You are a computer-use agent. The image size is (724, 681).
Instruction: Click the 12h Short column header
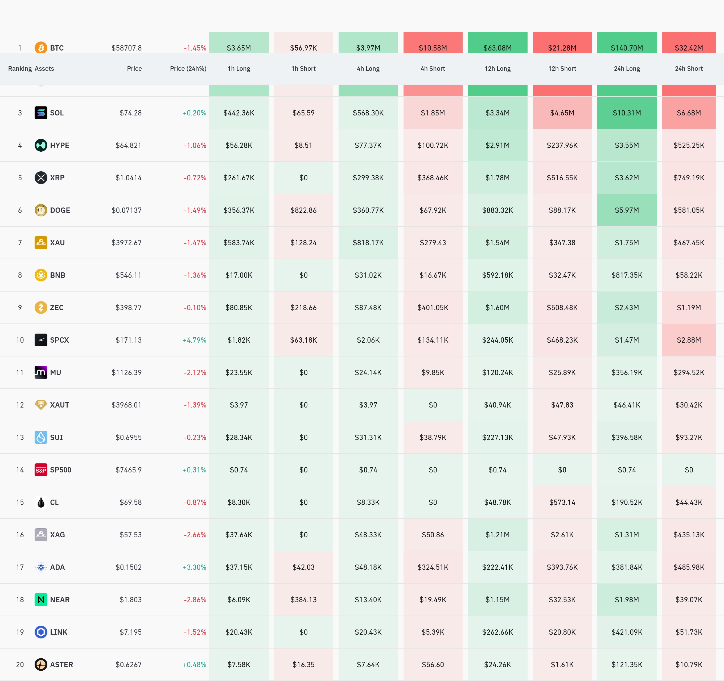562,68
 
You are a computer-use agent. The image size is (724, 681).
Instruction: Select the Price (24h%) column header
188,68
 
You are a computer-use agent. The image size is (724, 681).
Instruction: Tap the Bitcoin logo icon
41,47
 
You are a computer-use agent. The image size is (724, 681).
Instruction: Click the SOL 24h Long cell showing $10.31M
627,113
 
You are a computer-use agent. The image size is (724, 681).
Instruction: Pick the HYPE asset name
60,145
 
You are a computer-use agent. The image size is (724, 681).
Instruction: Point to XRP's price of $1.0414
129,178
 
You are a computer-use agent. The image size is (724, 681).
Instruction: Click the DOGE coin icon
41,210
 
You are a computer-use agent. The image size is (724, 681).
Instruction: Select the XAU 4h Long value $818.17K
368,242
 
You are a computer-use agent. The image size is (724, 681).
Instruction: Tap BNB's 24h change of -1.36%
195,275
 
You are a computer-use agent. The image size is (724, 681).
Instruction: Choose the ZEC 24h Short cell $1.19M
689,308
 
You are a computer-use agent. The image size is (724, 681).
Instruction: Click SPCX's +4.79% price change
195,340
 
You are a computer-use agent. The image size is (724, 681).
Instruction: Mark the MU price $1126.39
126,372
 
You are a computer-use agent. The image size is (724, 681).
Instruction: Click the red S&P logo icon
41,470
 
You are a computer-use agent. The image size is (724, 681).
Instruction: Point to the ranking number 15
20,502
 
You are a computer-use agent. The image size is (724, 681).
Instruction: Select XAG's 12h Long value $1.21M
497,535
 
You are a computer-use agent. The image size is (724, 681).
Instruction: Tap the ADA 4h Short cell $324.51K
433,567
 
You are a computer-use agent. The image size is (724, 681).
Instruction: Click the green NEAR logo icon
41,600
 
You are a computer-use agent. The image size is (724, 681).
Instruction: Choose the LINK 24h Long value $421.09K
627,632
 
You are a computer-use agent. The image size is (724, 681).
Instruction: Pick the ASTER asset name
61,665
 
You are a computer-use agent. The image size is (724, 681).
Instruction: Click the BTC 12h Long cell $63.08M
497,48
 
